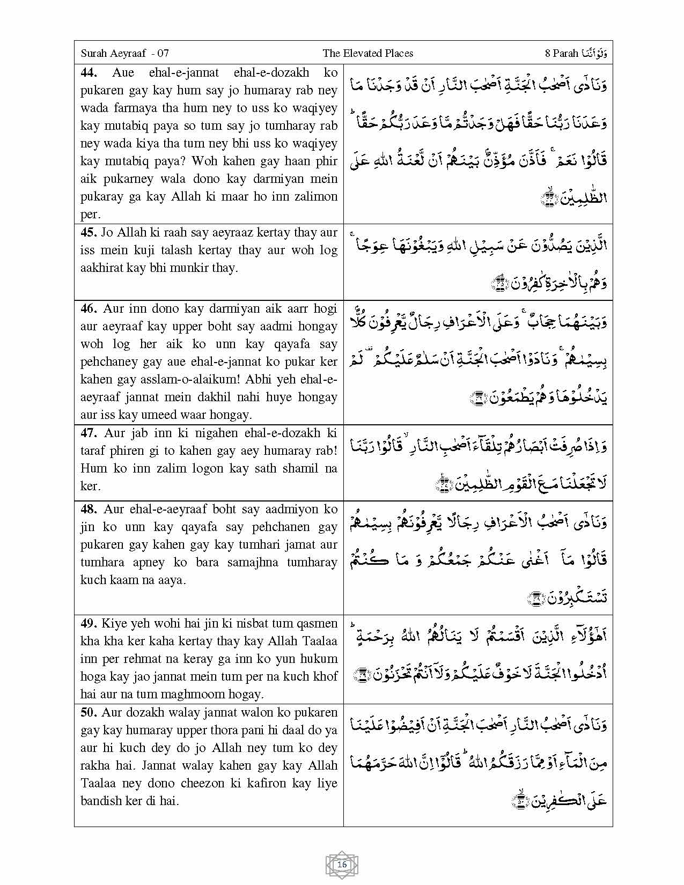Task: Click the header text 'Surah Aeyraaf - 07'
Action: point(124,53)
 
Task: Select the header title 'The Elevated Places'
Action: point(367,53)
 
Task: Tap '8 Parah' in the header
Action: point(561,53)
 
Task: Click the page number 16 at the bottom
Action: point(342,864)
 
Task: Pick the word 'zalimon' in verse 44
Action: point(317,197)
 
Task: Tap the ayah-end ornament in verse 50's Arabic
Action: point(520,800)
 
